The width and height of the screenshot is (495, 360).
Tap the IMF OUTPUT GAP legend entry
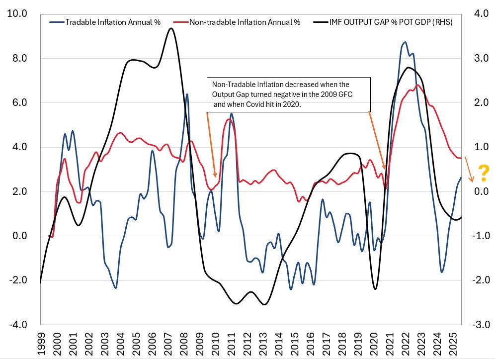(x=390, y=22)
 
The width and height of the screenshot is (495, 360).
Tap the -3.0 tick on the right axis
(x=475, y=325)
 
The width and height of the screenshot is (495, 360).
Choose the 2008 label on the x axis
(x=184, y=344)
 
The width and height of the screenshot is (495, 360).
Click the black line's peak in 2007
(x=171, y=28)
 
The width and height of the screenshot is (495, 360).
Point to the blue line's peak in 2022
(x=405, y=42)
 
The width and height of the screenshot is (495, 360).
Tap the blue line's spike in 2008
(x=187, y=94)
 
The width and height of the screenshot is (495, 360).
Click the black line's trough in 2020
(x=375, y=289)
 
